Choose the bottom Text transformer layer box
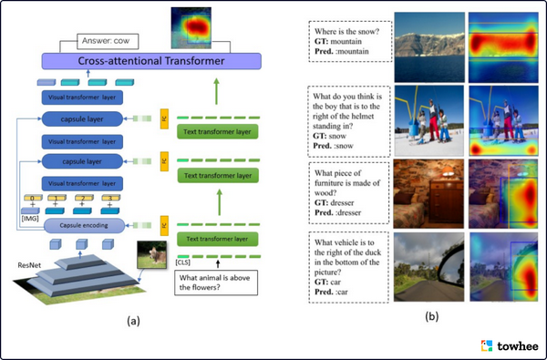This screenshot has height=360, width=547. tap(216, 239)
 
